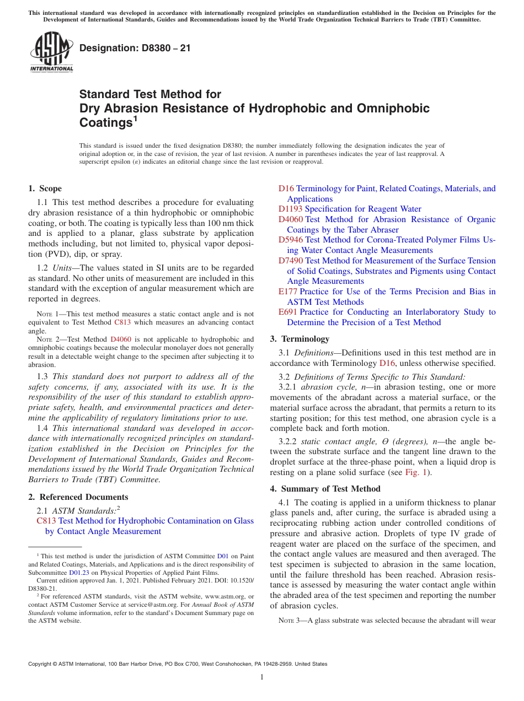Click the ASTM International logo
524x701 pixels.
tap(51, 52)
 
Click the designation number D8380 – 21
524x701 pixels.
tap(135, 48)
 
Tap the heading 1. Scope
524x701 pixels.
tap(45, 188)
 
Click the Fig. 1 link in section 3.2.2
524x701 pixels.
tap(415, 473)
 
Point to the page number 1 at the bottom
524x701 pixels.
tap(262, 677)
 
